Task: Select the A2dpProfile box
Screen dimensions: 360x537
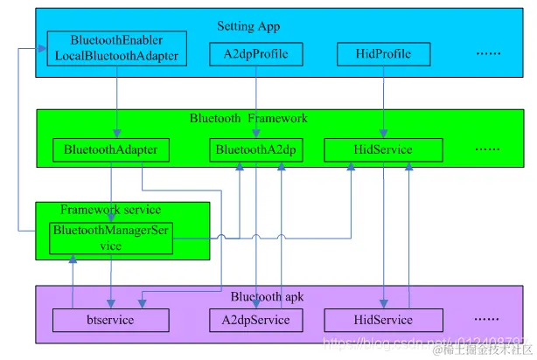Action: (x=255, y=55)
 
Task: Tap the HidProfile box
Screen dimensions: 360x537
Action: (x=385, y=55)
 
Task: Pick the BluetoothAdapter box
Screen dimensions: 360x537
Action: (x=110, y=150)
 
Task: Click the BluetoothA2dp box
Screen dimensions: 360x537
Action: (x=256, y=150)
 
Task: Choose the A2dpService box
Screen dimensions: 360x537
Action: (x=255, y=321)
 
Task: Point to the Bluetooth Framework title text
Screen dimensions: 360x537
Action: (x=248, y=118)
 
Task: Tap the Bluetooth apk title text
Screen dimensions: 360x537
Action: (x=254, y=295)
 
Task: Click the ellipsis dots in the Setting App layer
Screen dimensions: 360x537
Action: (x=488, y=54)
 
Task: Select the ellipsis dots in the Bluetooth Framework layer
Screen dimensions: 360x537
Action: (x=487, y=149)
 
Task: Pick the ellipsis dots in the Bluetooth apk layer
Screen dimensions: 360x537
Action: (x=487, y=320)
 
